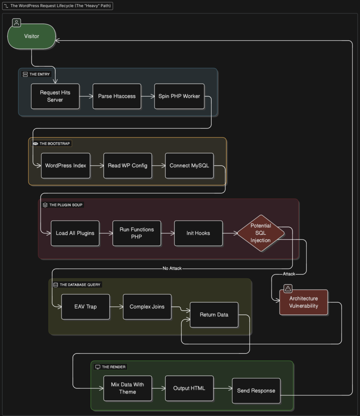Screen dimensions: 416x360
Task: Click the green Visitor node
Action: tap(32, 37)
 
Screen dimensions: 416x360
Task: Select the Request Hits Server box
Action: tap(55, 96)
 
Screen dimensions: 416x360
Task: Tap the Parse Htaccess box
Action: tap(117, 96)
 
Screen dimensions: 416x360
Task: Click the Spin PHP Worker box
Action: tap(179, 96)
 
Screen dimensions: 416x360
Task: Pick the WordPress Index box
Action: tap(65, 165)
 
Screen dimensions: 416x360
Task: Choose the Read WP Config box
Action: tap(128, 165)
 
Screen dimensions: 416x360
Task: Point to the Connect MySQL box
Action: tap(189, 165)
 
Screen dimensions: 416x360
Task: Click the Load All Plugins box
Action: tap(75, 233)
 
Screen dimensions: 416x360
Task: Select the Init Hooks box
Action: tap(198, 233)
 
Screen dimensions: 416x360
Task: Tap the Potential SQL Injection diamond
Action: tap(260, 233)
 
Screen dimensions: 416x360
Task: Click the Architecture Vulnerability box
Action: tap(304, 302)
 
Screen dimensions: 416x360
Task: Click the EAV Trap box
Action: tap(86, 307)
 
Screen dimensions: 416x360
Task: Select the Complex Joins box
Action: tap(147, 307)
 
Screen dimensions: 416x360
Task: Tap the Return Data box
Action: tap(214, 315)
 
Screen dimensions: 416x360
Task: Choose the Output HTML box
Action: tap(189, 388)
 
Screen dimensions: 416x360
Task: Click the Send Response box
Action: tap(256, 391)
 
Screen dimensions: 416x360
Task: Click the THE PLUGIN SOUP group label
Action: tap(66, 205)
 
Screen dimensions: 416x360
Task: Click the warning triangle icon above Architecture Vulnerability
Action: tap(288, 289)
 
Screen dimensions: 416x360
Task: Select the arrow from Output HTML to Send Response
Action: tap(223, 389)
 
